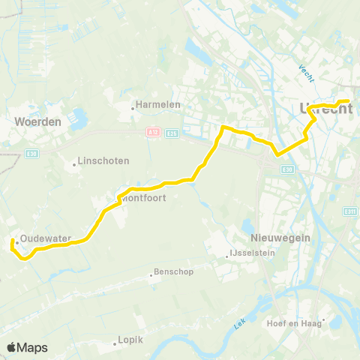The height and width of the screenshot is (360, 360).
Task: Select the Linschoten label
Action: pyautogui.click(x=105, y=161)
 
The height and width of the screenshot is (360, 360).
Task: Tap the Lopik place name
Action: pyautogui.click(x=130, y=340)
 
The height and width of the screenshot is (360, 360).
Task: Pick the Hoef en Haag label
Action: pyautogui.click(x=294, y=323)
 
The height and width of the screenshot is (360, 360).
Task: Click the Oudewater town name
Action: pyautogui.click(x=46, y=238)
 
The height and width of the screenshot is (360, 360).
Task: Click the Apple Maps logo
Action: pyautogui.click(x=28, y=347)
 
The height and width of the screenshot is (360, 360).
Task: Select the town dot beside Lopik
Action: pyautogui.click(x=115, y=341)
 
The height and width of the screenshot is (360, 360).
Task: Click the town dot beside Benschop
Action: pyautogui.click(x=151, y=274)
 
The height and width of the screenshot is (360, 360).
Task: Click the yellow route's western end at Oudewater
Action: pyautogui.click(x=13, y=242)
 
